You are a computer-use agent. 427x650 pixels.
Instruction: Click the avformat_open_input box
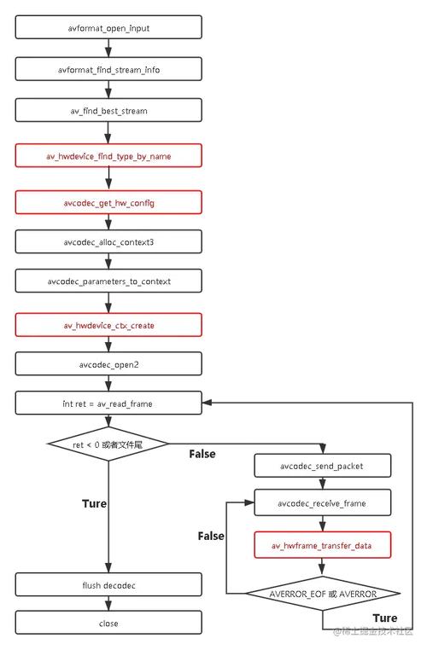pos(108,27)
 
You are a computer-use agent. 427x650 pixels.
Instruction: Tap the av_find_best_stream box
pos(108,109)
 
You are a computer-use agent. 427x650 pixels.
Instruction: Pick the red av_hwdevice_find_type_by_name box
pos(108,156)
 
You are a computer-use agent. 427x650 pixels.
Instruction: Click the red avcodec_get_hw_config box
pos(108,202)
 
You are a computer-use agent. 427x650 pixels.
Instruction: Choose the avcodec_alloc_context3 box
pos(108,241)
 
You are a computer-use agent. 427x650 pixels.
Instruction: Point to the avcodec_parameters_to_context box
pos(108,280)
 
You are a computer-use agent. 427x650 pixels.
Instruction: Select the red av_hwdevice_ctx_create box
pos(108,325)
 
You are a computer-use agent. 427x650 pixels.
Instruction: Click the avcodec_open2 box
pos(108,364)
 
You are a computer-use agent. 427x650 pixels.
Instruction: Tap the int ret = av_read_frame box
pos(108,403)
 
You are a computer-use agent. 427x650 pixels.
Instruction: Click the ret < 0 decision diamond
pos(108,444)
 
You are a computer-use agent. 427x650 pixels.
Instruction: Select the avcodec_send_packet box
pos(323,465)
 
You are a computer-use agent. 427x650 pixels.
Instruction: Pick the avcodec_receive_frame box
pos(323,502)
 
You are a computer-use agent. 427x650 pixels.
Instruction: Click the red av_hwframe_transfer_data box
pos(323,545)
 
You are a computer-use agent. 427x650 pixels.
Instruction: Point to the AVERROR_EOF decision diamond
pos(323,593)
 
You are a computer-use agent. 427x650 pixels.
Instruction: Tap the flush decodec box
pos(108,584)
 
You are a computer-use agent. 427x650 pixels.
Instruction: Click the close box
pos(108,623)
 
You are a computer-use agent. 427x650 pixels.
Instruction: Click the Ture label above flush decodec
pos(94,503)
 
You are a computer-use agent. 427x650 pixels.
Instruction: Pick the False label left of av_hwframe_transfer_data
pos(211,536)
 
